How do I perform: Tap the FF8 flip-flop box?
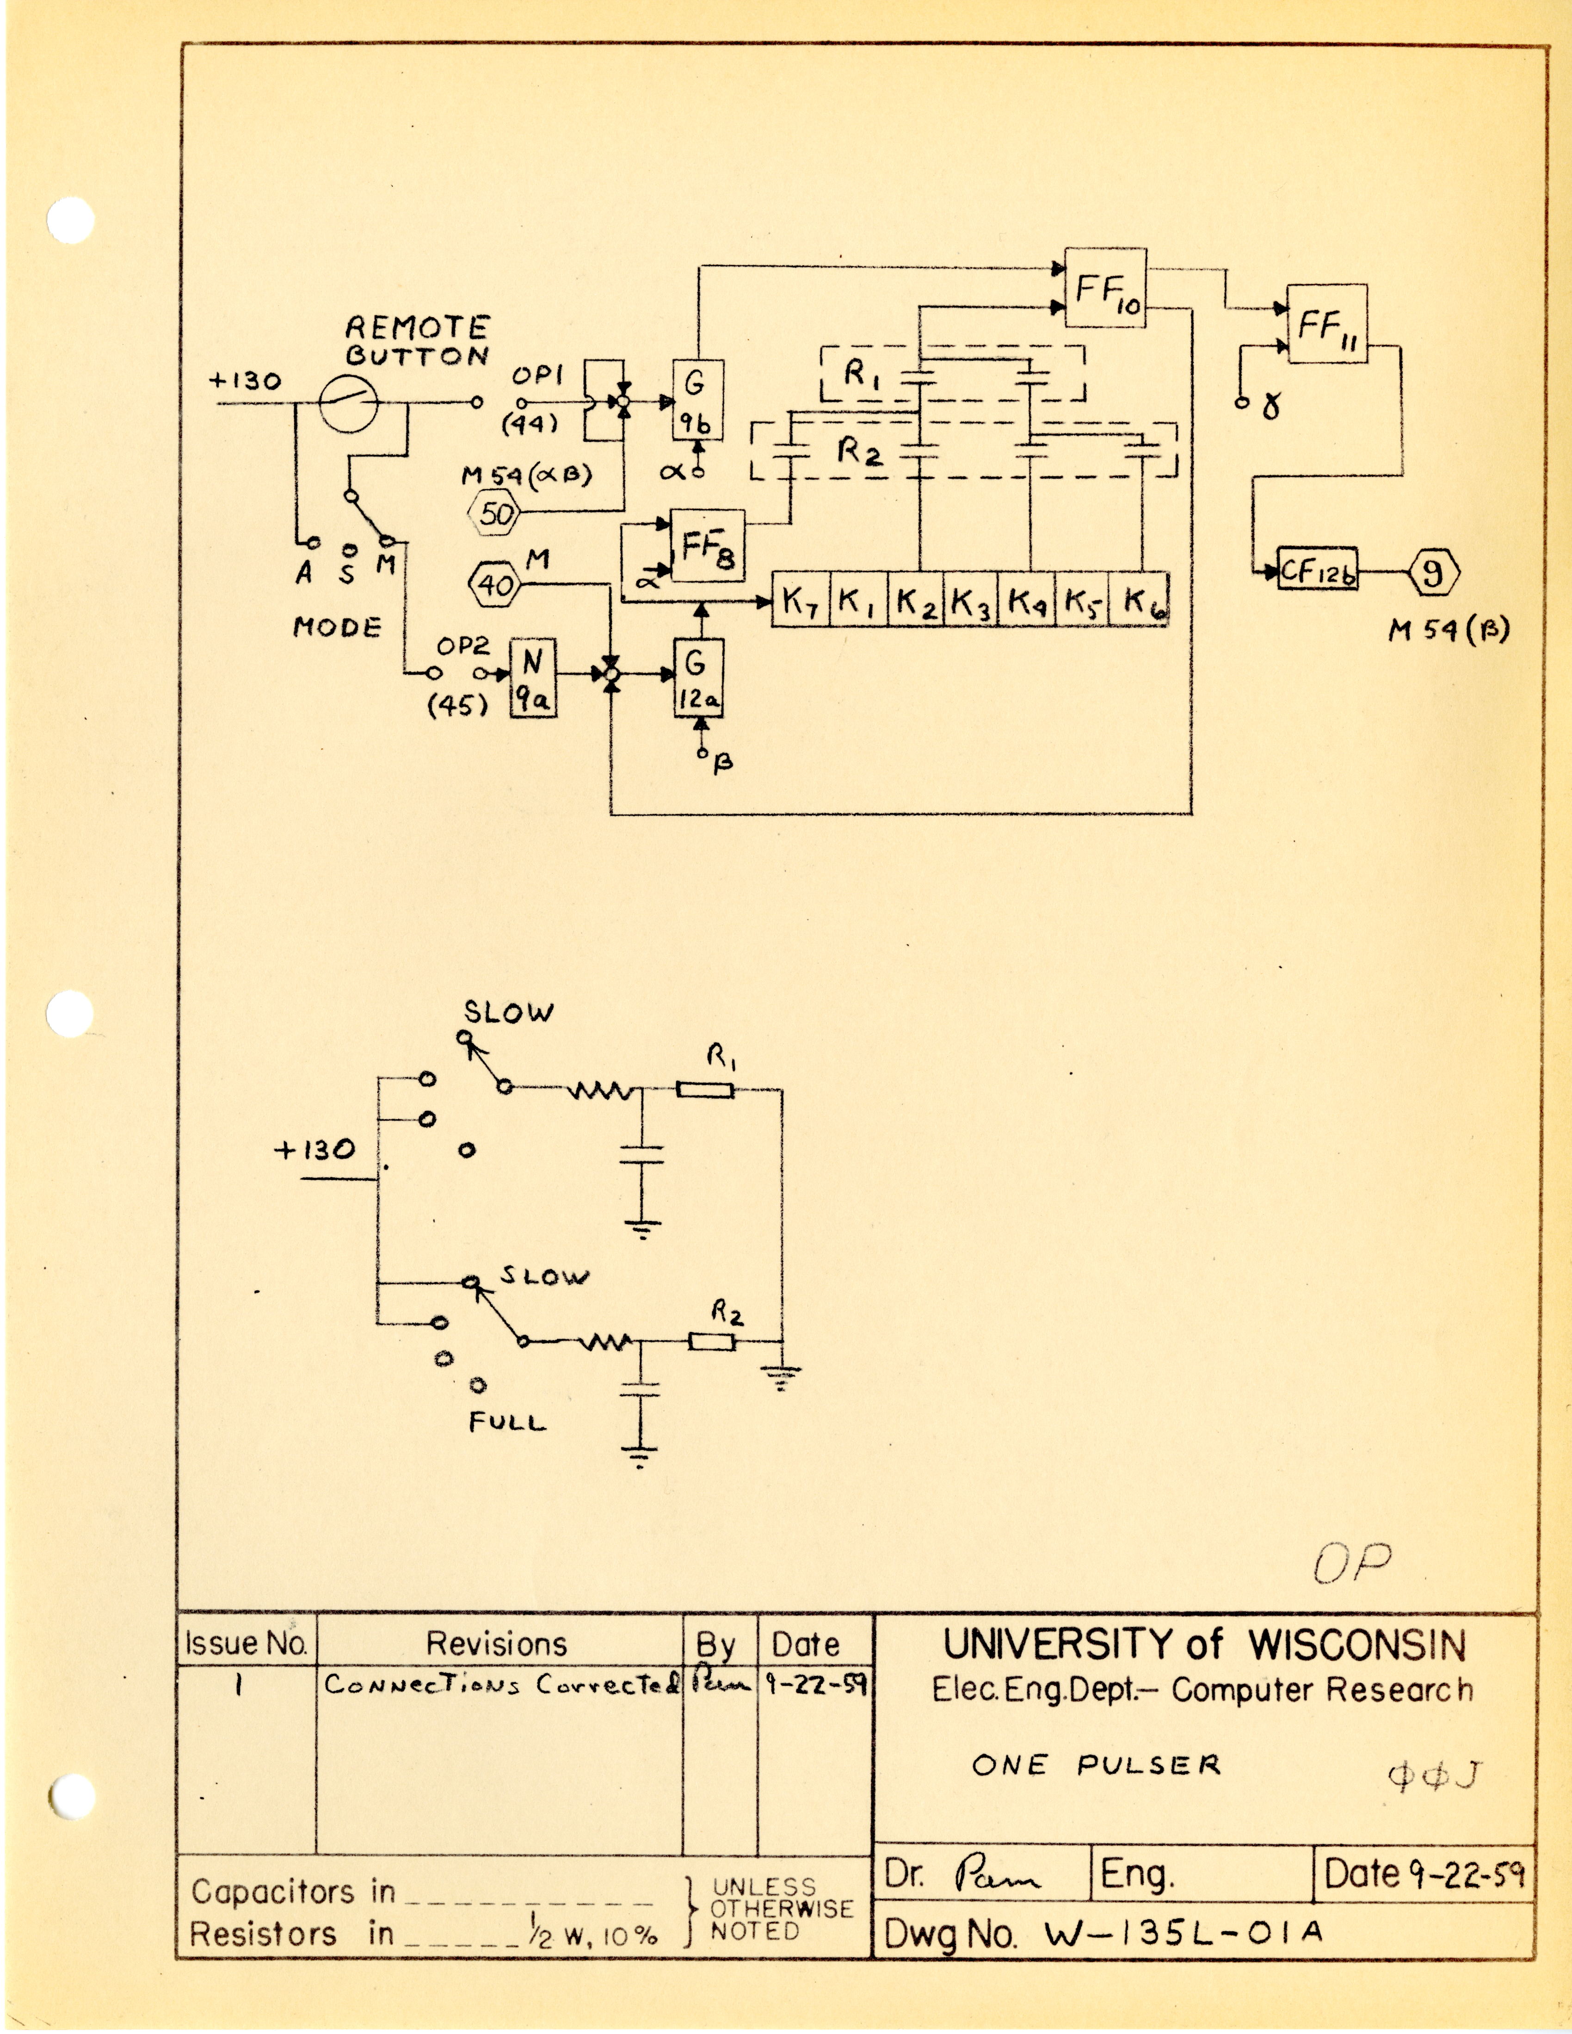tap(708, 545)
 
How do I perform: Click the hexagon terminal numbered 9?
tap(1432, 571)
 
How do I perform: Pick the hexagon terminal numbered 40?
tap(494, 585)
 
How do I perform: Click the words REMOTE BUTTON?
tap(416, 341)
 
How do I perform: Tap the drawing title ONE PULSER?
tap(1095, 1765)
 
